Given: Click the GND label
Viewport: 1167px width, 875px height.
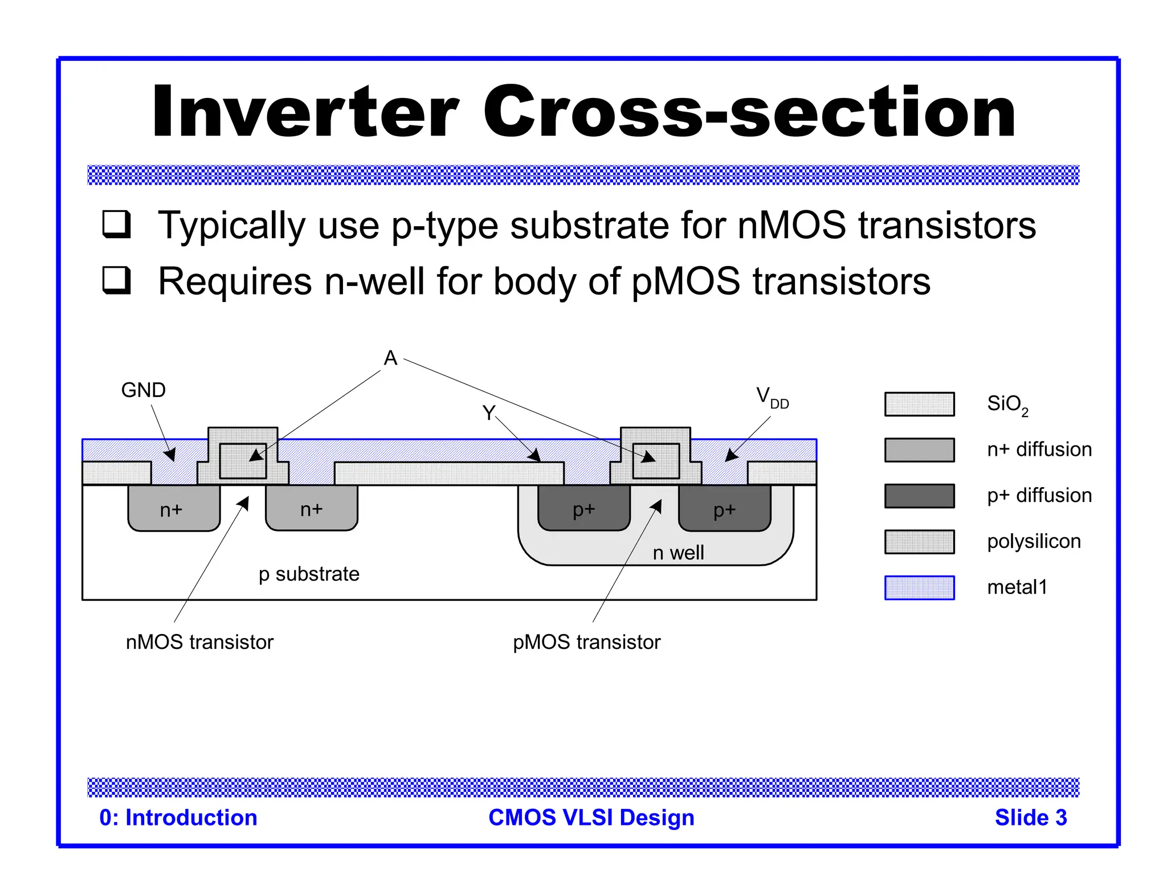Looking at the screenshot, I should (x=143, y=390).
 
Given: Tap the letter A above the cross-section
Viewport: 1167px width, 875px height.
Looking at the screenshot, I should (x=390, y=358).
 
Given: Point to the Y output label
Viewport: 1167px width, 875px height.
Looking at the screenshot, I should (x=488, y=412).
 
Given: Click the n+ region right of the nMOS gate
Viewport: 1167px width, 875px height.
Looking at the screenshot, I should (x=312, y=509).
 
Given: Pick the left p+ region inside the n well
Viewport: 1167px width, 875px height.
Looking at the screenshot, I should (x=584, y=509).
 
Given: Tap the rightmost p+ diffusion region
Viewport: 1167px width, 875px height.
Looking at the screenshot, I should (x=724, y=509).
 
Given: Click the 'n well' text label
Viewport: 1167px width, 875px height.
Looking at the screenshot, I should (x=678, y=553).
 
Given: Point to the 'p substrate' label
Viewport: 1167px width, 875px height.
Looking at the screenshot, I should (x=309, y=574).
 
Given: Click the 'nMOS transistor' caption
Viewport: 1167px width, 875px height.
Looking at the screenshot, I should (x=199, y=642).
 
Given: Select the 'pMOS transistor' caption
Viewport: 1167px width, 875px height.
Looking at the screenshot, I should (x=586, y=642).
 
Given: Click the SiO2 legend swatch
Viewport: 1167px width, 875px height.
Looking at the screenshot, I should (x=919, y=404).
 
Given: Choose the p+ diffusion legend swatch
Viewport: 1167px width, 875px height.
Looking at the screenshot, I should (x=919, y=496).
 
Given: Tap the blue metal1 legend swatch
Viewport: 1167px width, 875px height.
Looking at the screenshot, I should (x=919, y=587).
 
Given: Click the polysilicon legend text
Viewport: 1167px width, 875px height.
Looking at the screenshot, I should (x=1034, y=541).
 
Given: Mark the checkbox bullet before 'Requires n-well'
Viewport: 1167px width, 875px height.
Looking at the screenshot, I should (x=117, y=280).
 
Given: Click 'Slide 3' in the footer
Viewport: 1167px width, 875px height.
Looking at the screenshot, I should (x=1030, y=817).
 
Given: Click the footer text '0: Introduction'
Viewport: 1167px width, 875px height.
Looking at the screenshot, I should (x=178, y=817).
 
